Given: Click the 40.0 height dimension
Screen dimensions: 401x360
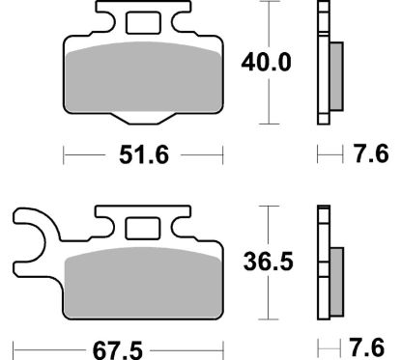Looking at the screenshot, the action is click(266, 63).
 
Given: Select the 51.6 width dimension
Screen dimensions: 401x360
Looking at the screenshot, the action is click(144, 155).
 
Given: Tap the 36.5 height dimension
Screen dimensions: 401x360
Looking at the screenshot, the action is click(269, 262).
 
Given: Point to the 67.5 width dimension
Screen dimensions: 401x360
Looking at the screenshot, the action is click(118, 350).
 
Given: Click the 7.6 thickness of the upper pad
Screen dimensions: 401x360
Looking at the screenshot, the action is click(371, 153).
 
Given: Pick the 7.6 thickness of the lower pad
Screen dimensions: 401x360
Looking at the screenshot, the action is click(367, 347).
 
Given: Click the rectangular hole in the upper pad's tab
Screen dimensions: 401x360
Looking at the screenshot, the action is click(143, 23).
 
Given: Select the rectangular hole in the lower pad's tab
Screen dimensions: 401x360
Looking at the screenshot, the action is click(143, 229).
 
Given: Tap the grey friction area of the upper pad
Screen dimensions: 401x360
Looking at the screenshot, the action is click(143, 77).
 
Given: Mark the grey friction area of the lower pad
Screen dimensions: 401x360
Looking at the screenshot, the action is click(143, 283).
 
